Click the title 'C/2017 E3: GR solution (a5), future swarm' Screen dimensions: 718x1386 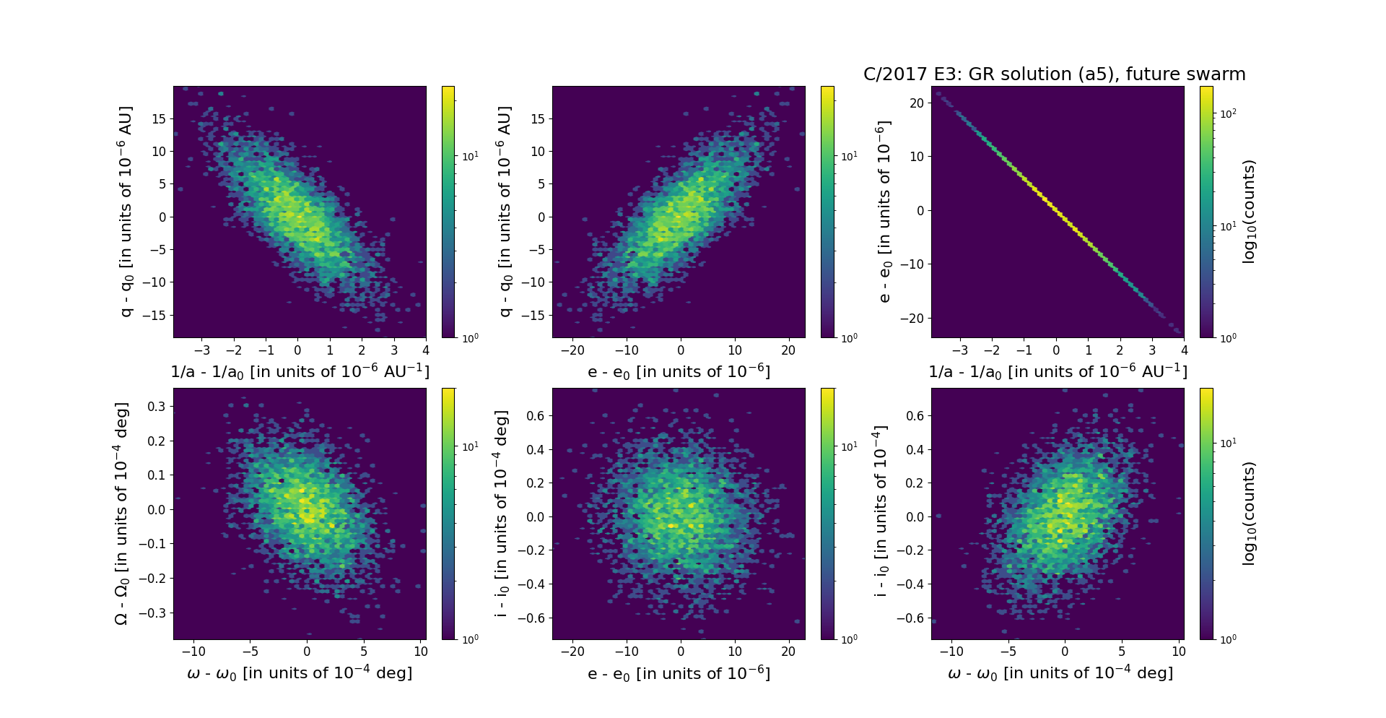(1054, 74)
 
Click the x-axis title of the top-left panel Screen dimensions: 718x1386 (300, 371)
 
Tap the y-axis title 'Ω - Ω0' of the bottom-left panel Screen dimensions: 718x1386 (122, 514)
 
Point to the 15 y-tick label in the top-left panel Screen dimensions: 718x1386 (158, 118)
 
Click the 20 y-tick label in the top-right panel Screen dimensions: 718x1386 (917, 103)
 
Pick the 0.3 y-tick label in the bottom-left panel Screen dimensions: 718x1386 (157, 406)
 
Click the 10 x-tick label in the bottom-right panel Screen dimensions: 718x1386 (1178, 652)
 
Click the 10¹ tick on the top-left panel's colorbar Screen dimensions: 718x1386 (469, 156)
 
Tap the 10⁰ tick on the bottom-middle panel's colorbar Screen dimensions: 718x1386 (849, 639)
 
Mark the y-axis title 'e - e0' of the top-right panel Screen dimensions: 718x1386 (884, 212)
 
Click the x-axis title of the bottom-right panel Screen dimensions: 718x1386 (1060, 673)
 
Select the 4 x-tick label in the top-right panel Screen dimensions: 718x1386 (1184, 350)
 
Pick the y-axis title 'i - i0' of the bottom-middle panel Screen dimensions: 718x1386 (501, 514)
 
